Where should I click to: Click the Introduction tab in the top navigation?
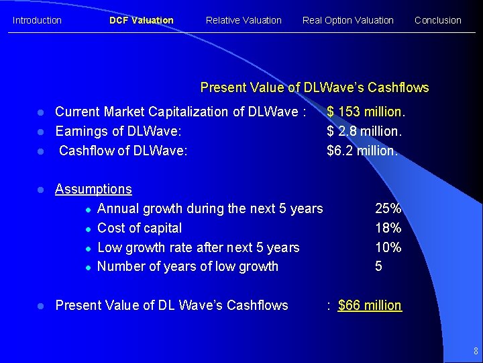[37, 20]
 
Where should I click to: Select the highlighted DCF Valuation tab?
[141, 20]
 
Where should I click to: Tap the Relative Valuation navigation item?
[244, 20]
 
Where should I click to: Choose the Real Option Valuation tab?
[347, 20]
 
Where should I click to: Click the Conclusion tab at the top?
[437, 20]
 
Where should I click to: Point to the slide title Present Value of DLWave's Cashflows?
[315, 87]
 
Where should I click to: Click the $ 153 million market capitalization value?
[366, 112]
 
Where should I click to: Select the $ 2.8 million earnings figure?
[364, 131]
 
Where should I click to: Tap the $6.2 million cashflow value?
[362, 151]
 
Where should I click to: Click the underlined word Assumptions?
[93, 190]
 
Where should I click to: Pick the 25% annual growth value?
[388, 208]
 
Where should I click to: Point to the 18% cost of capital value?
[388, 228]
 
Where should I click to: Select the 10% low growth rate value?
[388, 247]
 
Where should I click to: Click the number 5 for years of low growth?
[379, 267]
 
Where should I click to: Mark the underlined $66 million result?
[370, 305]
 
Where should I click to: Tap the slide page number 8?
[475, 351]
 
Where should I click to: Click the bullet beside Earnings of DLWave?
[41, 132]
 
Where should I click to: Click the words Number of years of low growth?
[188, 267]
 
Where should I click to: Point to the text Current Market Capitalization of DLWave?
[180, 112]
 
